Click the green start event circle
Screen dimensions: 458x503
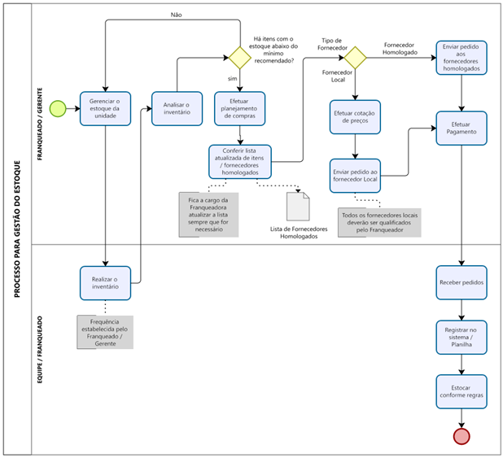[58, 107]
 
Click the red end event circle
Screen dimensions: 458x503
[462, 435]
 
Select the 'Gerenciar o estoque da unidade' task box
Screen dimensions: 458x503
[105, 107]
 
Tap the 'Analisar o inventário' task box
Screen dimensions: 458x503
[177, 108]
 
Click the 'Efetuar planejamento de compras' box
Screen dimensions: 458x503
[239, 108]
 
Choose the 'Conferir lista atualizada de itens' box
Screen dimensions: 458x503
[239, 160]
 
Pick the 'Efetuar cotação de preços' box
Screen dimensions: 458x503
[355, 117]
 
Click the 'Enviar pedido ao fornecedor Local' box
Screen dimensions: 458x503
[355, 174]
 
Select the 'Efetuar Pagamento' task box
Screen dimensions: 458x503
[462, 129]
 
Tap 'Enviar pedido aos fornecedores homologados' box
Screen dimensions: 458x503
[462, 59]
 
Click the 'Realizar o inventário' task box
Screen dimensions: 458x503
[105, 281]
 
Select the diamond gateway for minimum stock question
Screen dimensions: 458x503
[239, 58]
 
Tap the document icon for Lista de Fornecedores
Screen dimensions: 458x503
[299, 207]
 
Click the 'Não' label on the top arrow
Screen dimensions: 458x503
[176, 15]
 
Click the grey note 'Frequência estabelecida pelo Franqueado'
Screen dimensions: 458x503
[105, 332]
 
